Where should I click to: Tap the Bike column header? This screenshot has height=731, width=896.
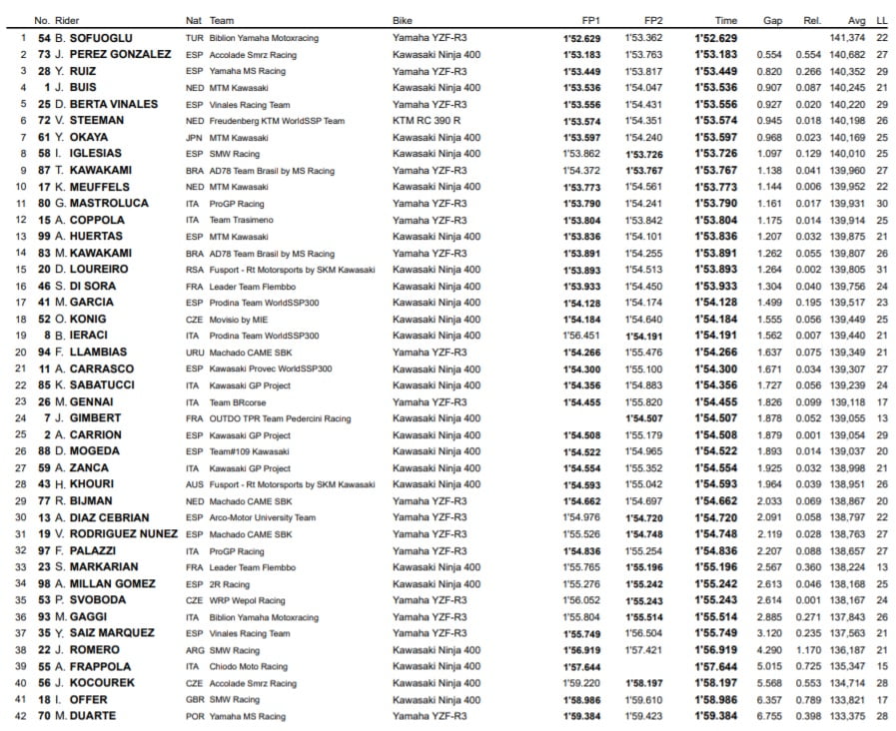click(404, 20)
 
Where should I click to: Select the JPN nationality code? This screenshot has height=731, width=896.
click(194, 137)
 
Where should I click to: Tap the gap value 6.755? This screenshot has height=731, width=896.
click(769, 716)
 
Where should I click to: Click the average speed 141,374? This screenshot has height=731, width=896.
click(848, 37)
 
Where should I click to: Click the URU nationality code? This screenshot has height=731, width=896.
click(194, 352)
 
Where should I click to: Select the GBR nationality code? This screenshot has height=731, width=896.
click(194, 700)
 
